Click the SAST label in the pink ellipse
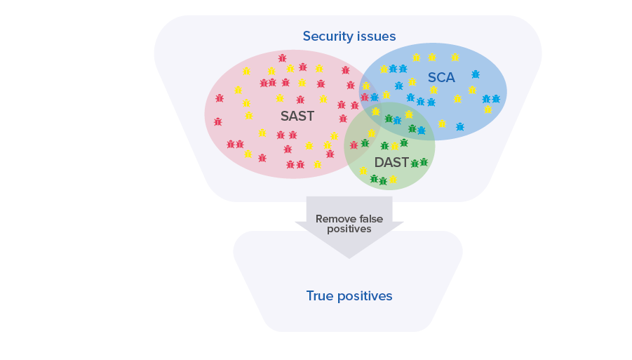[297, 116]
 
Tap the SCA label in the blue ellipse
[441, 77]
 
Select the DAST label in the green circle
[391, 163]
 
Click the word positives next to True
[365, 296]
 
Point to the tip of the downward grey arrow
[349, 258]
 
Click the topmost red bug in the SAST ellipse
[282, 58]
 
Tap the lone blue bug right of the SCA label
[476, 74]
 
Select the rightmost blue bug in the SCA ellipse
[496, 99]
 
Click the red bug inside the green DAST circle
[354, 145]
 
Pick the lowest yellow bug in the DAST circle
[393, 180]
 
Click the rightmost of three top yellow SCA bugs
[455, 58]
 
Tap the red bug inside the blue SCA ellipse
[365, 97]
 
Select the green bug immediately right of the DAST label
[415, 164]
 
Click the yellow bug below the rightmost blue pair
[488, 109]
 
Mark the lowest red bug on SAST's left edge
[217, 121]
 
